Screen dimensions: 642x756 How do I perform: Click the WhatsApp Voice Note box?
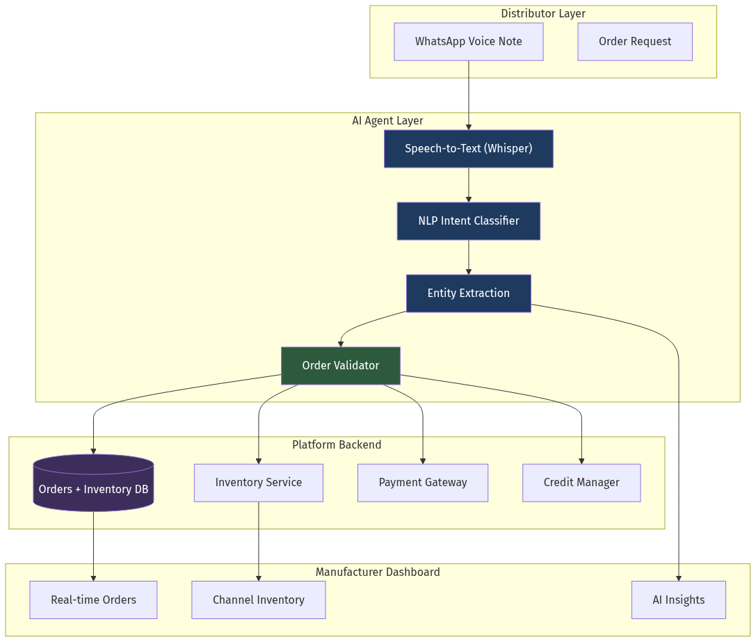468,42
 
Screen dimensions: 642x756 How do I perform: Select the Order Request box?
634,42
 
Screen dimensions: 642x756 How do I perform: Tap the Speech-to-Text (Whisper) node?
468,149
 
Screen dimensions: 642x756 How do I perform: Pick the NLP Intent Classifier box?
468,221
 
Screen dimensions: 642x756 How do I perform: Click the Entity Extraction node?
468,294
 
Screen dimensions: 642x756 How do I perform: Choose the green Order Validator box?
340,366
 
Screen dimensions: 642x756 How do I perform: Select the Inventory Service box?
258,483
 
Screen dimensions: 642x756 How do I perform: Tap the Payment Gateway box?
422,483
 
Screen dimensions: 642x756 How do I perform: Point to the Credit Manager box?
581,483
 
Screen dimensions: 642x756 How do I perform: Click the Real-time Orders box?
93,600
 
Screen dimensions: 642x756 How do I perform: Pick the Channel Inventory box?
258,600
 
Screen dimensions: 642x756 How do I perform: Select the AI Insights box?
678,600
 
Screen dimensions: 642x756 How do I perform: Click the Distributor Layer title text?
542,14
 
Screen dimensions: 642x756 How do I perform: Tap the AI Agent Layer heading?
387,121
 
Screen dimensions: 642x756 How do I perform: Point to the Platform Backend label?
337,445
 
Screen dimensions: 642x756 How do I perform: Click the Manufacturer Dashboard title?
378,572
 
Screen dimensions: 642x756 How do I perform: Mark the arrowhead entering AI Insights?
678,577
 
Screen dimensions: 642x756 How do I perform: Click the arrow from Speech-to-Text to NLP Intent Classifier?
468,185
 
